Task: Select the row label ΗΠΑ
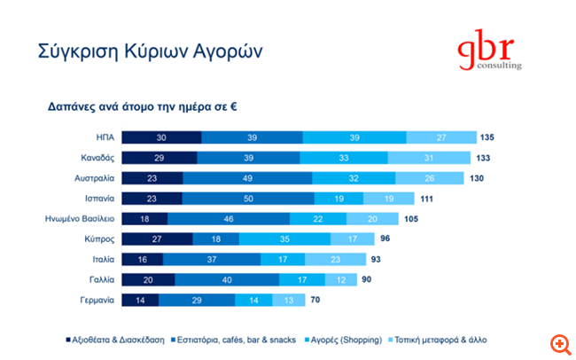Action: pos(105,137)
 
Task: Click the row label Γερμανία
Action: pos(95,301)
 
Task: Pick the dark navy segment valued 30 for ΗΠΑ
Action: pos(161,137)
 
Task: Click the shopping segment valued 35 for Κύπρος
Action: pos(285,239)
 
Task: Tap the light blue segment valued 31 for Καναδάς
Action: pos(429,158)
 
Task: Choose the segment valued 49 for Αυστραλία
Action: pos(247,178)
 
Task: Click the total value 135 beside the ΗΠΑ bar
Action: pos(486,137)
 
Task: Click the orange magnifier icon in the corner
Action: pos(559,343)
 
